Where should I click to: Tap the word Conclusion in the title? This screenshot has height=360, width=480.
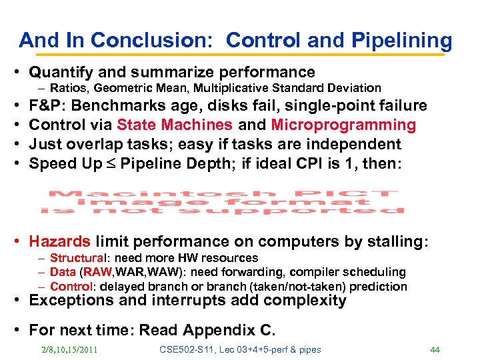(153, 41)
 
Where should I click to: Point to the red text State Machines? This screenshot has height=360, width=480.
(175, 125)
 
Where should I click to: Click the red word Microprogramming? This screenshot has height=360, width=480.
(343, 125)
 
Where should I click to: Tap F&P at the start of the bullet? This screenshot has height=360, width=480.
(43, 106)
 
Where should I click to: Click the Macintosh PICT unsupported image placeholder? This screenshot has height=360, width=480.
(223, 202)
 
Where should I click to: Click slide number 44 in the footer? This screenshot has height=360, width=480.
(435, 350)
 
